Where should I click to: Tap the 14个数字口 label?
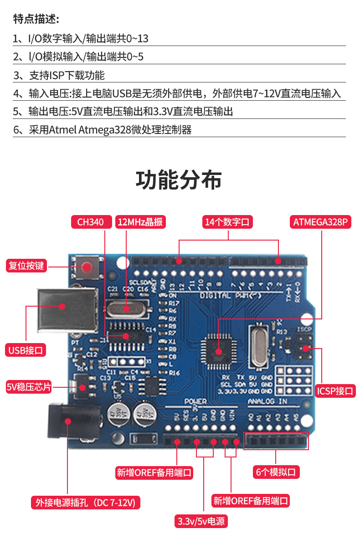228,222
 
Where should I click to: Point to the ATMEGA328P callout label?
320,222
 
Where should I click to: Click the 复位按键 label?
26,265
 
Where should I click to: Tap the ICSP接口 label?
335,391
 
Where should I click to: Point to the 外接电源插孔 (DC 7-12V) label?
85,503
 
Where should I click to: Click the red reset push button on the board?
87,267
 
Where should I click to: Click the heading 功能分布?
179,180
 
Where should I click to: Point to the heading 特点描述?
36,19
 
